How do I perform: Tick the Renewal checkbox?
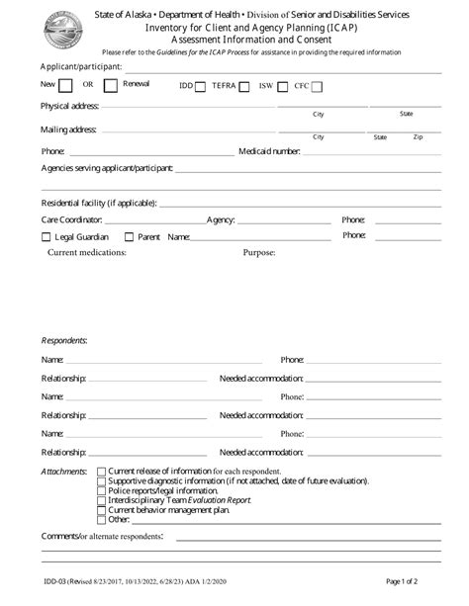pos(111,85)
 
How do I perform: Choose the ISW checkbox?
pos(282,87)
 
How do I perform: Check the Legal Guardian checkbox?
pos(47,237)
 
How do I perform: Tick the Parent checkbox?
pos(130,237)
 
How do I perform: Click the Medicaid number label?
pos(269,151)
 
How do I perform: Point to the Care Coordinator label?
pos(71,219)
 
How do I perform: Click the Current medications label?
pos(87,253)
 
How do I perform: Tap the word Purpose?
pos(259,253)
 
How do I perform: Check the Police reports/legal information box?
pos(102,490)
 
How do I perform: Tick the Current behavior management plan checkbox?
pos(102,509)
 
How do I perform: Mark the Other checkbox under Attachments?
pos(102,518)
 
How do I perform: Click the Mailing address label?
pos(68,130)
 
